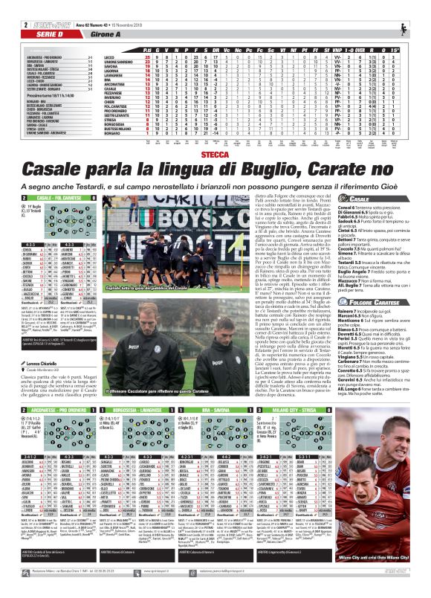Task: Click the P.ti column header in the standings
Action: click(x=146, y=48)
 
